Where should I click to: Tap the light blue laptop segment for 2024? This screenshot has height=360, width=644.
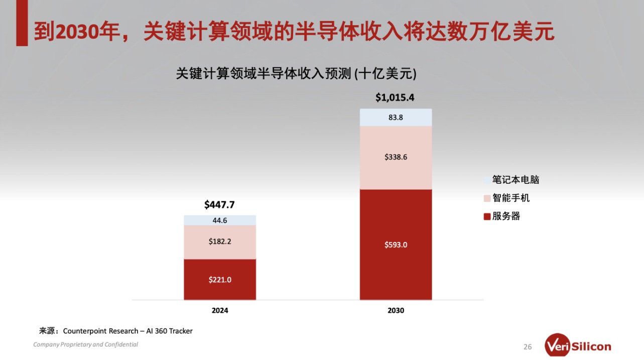(220, 220)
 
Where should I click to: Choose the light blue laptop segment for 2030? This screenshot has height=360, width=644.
(396, 117)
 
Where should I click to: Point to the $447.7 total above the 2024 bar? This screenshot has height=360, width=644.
(219, 205)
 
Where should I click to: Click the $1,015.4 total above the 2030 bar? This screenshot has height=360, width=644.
(395, 98)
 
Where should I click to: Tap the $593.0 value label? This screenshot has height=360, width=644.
(396, 245)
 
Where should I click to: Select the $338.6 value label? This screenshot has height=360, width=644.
(396, 157)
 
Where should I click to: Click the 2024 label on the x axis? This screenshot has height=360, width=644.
(220, 311)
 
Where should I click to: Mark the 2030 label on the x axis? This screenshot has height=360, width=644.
(396, 311)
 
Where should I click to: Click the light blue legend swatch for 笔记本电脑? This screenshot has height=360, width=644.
(486, 180)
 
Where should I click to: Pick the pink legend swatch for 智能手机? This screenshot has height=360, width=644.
(486, 198)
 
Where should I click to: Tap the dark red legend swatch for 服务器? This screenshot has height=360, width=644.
(486, 217)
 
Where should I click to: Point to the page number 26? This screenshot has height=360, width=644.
(528, 347)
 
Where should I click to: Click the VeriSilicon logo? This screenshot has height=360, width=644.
(578, 346)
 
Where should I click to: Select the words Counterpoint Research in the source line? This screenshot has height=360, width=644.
(100, 331)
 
